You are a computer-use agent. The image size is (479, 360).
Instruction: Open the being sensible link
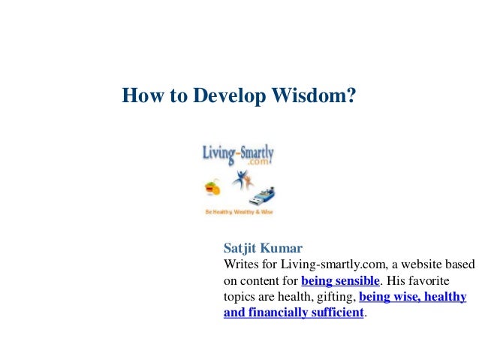[x=340, y=281]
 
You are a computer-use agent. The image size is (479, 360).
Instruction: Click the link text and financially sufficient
[x=294, y=313]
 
